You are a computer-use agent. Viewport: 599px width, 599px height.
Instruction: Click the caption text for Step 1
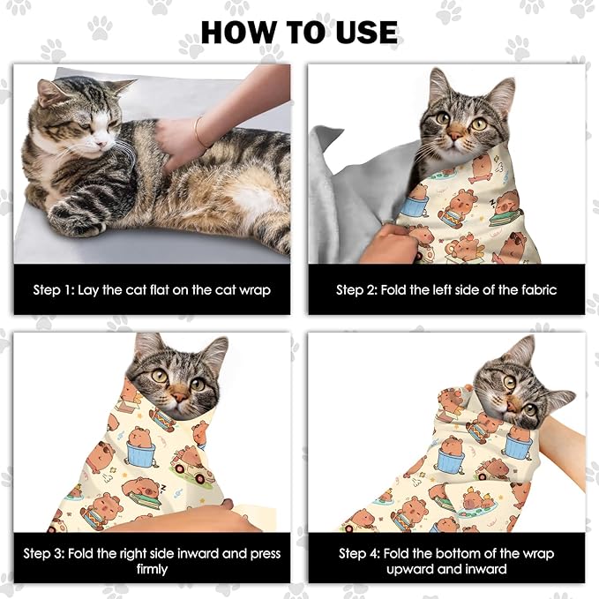pyautogui.click(x=151, y=289)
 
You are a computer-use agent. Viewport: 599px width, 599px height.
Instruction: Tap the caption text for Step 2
pyautogui.click(x=446, y=289)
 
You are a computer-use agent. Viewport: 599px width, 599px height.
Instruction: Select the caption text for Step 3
pyautogui.click(x=151, y=561)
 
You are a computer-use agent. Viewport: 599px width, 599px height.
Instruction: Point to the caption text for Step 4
pyautogui.click(x=446, y=561)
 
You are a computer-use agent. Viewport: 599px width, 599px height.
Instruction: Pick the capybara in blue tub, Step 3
pyautogui.click(x=139, y=447)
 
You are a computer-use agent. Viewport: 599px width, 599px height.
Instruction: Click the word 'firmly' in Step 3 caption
pyautogui.click(x=151, y=569)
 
